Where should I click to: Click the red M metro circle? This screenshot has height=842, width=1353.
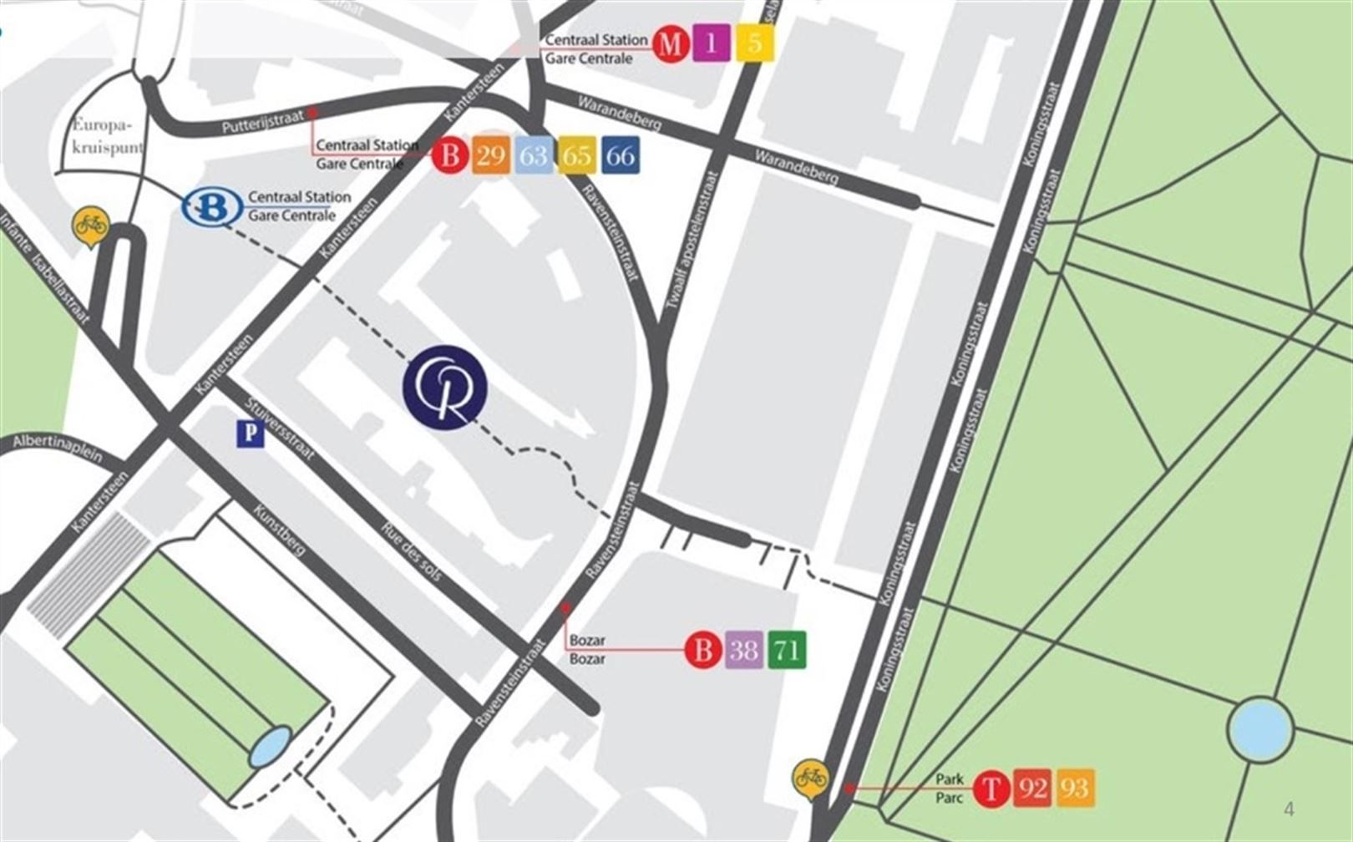(669, 43)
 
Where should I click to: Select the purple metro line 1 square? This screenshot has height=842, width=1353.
(712, 43)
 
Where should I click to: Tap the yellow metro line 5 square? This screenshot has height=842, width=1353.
(754, 43)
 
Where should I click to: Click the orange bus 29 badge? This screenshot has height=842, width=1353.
(491, 155)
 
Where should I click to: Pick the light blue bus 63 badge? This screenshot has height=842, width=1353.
(534, 155)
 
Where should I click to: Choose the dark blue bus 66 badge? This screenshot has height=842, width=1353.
(620, 155)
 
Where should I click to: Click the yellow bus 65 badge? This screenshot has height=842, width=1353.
(576, 155)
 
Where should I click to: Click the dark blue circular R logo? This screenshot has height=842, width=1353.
(445, 388)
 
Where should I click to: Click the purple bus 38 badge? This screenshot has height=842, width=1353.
(744, 649)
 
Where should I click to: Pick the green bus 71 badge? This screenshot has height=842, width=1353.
(787, 649)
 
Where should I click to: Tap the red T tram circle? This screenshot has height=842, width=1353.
(992, 788)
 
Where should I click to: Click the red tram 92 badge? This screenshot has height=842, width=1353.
(1033, 788)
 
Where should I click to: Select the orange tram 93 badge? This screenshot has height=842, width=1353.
(1075, 788)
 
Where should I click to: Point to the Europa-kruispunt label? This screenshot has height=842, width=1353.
(107, 136)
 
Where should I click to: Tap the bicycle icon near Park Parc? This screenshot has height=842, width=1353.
(810, 779)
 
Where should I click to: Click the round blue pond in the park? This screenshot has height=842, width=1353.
(1260, 731)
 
